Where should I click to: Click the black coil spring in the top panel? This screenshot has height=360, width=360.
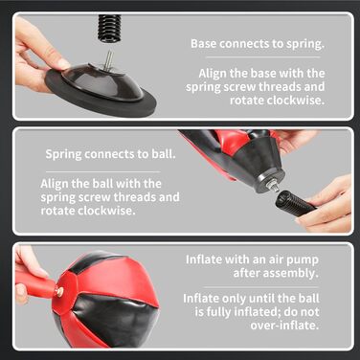109,28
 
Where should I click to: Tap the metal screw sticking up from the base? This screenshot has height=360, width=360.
109,59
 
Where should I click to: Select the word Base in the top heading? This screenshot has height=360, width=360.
204,43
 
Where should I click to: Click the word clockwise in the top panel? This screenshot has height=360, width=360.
296,101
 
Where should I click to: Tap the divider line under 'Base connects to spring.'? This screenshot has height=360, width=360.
263,57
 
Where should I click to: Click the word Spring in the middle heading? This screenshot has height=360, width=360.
63,154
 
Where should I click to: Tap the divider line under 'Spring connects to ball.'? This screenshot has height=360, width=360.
102,171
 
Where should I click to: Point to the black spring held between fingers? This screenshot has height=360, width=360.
295,203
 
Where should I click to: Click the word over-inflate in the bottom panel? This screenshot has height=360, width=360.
284,326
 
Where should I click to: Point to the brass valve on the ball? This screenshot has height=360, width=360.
59,290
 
